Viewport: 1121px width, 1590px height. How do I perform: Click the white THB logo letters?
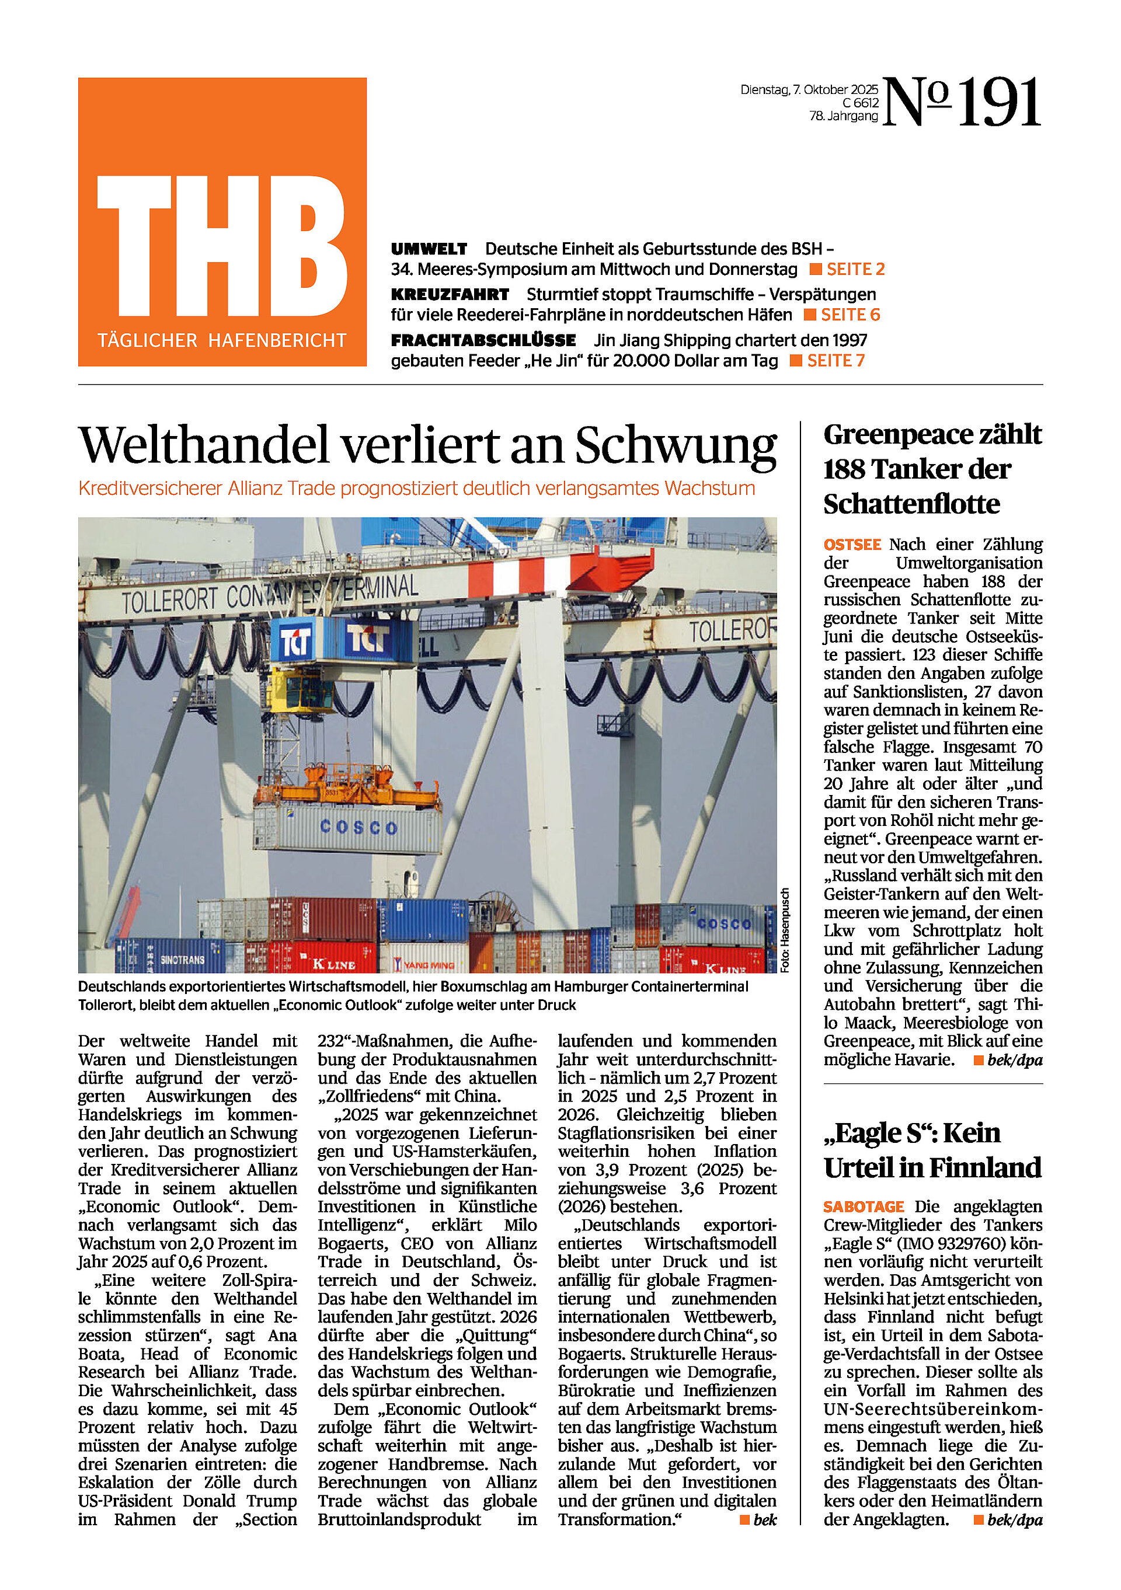[x=222, y=246]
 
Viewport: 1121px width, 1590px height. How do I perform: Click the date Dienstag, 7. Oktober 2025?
[x=809, y=90]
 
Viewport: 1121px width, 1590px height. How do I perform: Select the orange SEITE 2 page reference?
[x=855, y=270]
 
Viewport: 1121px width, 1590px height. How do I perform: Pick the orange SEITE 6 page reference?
[x=850, y=315]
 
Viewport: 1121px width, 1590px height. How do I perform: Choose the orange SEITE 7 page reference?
[x=835, y=361]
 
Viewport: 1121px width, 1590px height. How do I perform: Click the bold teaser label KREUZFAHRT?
[x=450, y=294]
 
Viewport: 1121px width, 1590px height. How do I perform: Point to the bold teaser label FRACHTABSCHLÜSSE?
[x=483, y=340]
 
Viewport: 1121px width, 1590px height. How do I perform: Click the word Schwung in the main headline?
[x=676, y=445]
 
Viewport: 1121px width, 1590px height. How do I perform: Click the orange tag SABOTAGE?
[x=864, y=1207]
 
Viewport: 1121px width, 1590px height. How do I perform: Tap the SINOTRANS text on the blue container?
[x=182, y=960]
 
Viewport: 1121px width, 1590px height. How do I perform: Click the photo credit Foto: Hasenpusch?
[x=784, y=930]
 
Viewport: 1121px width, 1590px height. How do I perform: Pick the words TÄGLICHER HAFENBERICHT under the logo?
[x=222, y=341]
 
